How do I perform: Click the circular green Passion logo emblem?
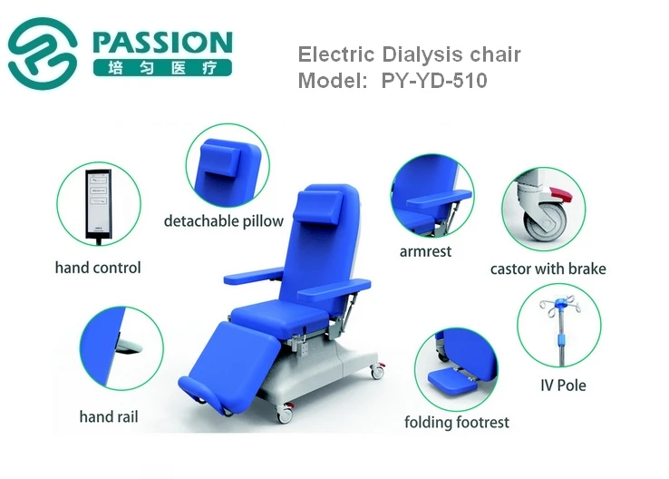pyautogui.click(x=43, y=54)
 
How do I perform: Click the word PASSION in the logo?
pyautogui.click(x=162, y=42)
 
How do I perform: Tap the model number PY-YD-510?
pyautogui.click(x=434, y=80)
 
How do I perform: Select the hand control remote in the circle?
pyautogui.click(x=99, y=204)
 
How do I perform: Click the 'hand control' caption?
pyautogui.click(x=98, y=268)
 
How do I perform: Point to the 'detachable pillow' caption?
pyautogui.click(x=224, y=221)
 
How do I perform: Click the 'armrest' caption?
pyautogui.click(x=425, y=251)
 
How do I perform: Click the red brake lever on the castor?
pyautogui.click(x=560, y=194)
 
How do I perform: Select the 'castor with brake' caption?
pyautogui.click(x=548, y=269)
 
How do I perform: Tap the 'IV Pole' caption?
pyautogui.click(x=563, y=386)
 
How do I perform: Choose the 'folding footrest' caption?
pyautogui.click(x=457, y=422)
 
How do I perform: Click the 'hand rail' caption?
pyautogui.click(x=109, y=416)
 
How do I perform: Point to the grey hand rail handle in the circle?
pyautogui.click(x=129, y=347)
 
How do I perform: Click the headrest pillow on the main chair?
pyautogui.click(x=320, y=207)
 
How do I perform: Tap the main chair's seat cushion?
pyautogui.click(x=279, y=315)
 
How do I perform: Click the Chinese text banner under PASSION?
pyautogui.click(x=162, y=67)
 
